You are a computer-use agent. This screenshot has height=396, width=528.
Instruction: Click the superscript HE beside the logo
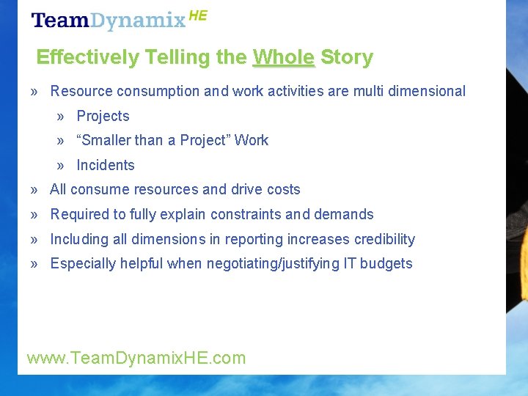pos(198,15)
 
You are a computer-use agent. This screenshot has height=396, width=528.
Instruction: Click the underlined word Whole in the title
pos(283,57)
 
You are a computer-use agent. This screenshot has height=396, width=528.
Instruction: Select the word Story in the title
pos(347,57)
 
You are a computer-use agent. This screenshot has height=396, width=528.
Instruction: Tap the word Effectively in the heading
pos(87,57)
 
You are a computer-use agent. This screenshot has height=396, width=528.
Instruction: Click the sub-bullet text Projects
pos(103,116)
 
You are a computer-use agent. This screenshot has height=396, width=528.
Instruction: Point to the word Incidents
pos(106,165)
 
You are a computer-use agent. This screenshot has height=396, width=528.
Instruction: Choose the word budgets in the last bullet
pos(388,263)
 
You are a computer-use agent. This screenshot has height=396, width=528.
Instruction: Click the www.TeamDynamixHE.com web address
pos(136,358)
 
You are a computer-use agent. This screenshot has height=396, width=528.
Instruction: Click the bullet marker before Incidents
pos(62,165)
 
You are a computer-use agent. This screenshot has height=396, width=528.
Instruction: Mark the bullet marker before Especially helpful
pos(35,263)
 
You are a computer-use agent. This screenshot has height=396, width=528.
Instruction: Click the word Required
pos(78,214)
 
